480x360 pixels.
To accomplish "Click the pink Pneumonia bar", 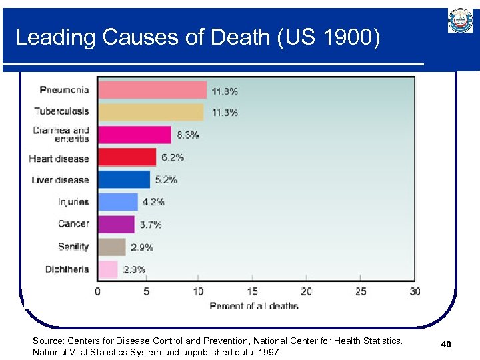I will click(x=153, y=90).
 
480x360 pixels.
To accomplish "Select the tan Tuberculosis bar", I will click(x=151, y=112).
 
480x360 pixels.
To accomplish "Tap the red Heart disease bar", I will click(x=127, y=157).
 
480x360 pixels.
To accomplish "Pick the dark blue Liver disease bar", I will click(x=125, y=180).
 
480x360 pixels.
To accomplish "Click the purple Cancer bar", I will click(x=117, y=225).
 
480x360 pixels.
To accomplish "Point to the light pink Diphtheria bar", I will click(x=109, y=269).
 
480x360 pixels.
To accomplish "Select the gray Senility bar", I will click(x=112, y=247).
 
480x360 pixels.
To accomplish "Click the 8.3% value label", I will click(x=187, y=135).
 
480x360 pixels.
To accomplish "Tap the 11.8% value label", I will click(x=225, y=91).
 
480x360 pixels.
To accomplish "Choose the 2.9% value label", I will click(x=142, y=247).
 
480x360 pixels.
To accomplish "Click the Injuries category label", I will click(x=73, y=202).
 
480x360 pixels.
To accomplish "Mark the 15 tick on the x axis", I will click(x=252, y=291).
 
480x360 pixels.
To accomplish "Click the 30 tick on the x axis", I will click(x=415, y=291).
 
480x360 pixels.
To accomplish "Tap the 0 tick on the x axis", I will click(x=98, y=291).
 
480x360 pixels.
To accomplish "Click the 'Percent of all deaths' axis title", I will click(x=254, y=306).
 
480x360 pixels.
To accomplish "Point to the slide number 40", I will click(x=446, y=345).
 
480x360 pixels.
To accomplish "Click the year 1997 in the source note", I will click(x=270, y=353).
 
